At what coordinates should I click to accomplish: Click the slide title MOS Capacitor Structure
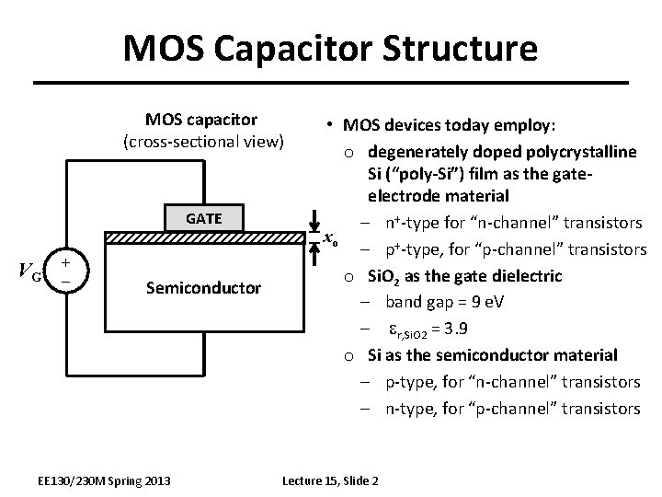click(330, 48)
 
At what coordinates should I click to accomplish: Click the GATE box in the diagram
click(203, 219)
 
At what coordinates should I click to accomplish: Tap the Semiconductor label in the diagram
click(203, 289)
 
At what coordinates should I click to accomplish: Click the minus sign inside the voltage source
click(65, 277)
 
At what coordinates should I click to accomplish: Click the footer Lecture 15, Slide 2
click(330, 480)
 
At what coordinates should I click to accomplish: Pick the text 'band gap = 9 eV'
click(442, 301)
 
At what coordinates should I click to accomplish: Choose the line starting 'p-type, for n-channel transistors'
click(512, 381)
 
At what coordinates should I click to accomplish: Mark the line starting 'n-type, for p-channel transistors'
click(512, 407)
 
